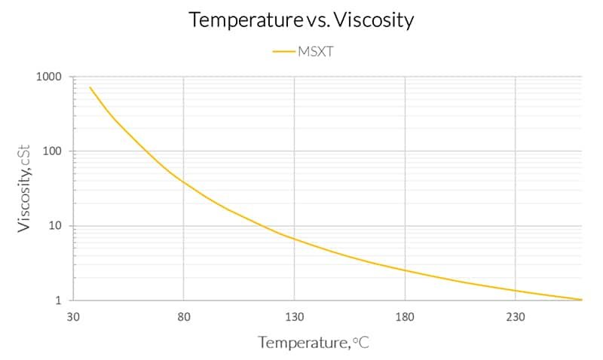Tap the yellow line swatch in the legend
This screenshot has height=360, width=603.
285,51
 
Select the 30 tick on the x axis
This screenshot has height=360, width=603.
73,316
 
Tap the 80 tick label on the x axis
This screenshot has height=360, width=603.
184,316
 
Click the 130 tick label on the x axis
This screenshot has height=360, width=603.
294,316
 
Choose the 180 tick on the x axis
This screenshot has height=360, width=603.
405,316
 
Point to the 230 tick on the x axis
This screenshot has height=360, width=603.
516,316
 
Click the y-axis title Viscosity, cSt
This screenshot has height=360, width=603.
24,188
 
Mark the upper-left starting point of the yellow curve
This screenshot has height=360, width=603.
90,87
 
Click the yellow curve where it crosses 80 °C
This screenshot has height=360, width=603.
184,182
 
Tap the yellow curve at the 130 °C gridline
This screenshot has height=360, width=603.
294,239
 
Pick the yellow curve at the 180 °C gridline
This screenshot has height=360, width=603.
405,270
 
